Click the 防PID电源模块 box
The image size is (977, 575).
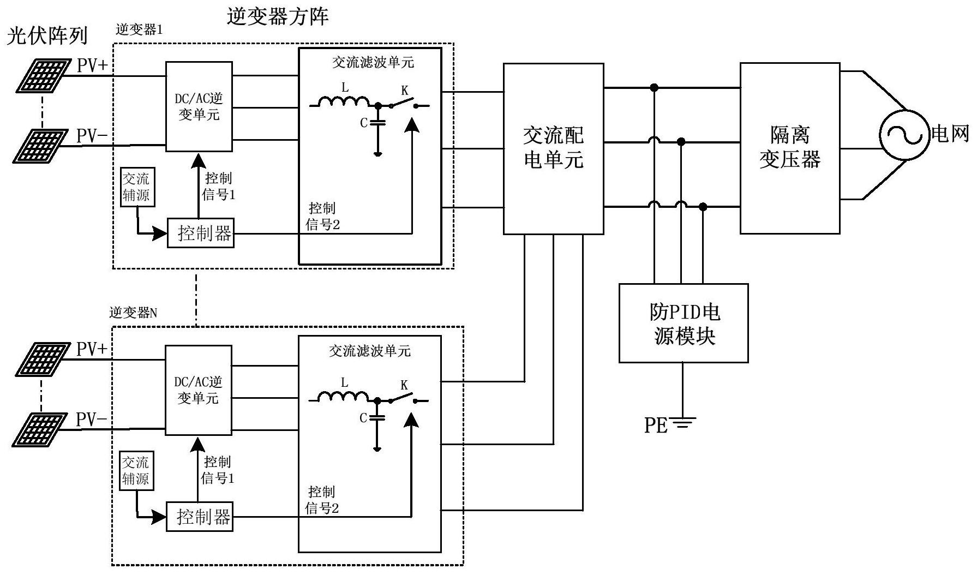tap(683, 323)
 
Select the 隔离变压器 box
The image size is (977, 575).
tap(789, 148)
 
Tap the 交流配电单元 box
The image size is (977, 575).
tap(553, 148)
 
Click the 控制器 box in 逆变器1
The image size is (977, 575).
tap(200, 233)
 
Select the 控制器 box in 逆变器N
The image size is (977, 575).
tap(199, 516)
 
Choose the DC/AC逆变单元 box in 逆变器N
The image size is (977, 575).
tap(199, 390)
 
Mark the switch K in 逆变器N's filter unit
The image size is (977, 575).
tap(404, 397)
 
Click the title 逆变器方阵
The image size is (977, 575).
tap(277, 16)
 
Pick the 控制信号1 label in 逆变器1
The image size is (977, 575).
tap(219, 186)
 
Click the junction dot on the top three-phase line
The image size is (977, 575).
tap(654, 87)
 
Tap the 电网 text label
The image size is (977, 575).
tap(950, 134)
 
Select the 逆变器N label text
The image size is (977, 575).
tap(133, 313)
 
